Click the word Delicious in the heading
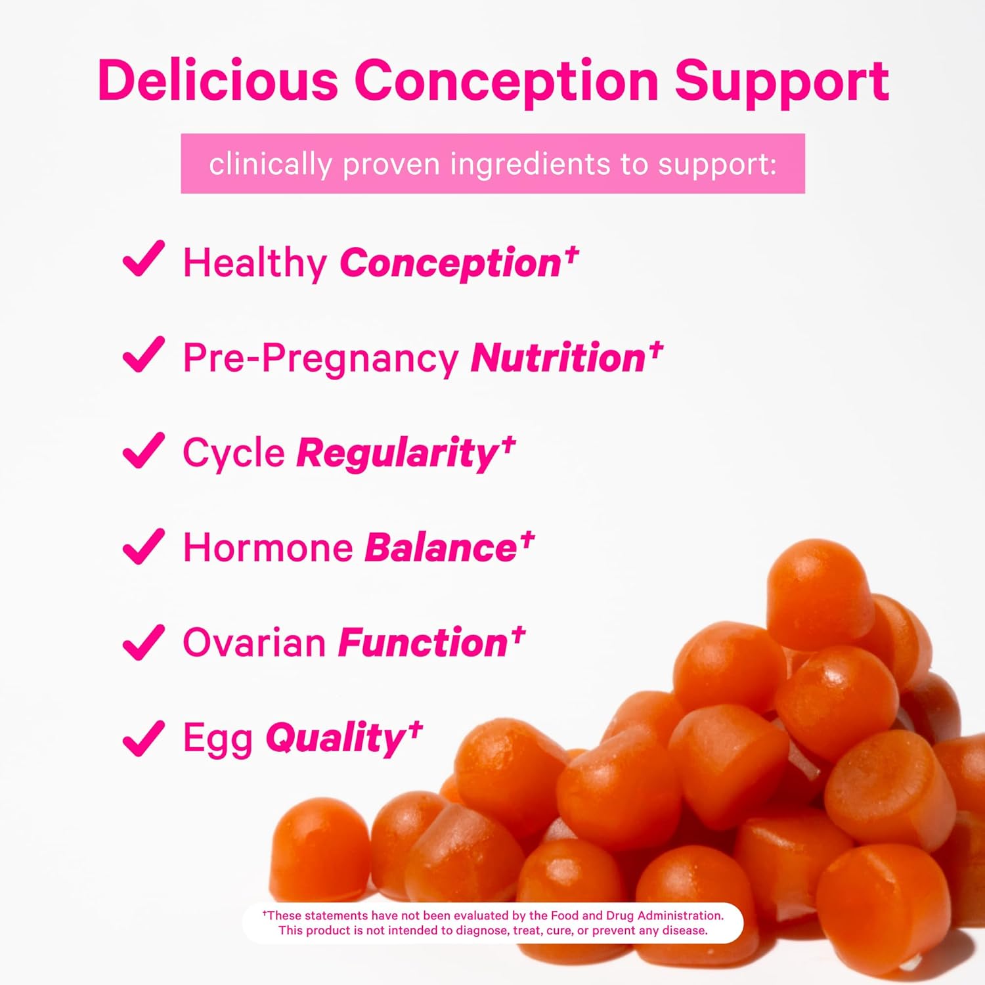click(218, 80)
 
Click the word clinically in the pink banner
click(271, 164)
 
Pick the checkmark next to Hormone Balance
click(144, 546)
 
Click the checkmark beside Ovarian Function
click(144, 641)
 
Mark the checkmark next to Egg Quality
click(144, 737)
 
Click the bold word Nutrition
click(558, 358)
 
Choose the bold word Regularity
click(397, 454)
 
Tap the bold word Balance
click(441, 548)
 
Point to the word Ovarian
click(254, 643)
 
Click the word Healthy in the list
click(255, 264)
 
